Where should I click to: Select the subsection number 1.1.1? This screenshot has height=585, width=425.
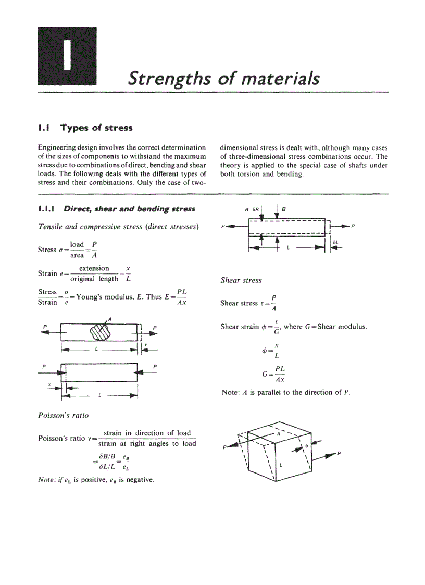click(47, 209)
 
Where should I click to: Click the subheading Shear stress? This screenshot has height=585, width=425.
click(241, 280)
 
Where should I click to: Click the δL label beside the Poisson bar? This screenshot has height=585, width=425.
click(336, 243)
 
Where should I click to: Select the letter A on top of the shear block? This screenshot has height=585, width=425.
click(278, 433)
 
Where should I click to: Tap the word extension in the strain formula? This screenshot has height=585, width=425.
click(94, 268)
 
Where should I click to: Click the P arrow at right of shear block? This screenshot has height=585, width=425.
click(331, 455)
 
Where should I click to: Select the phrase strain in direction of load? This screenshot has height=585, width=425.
click(147, 433)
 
